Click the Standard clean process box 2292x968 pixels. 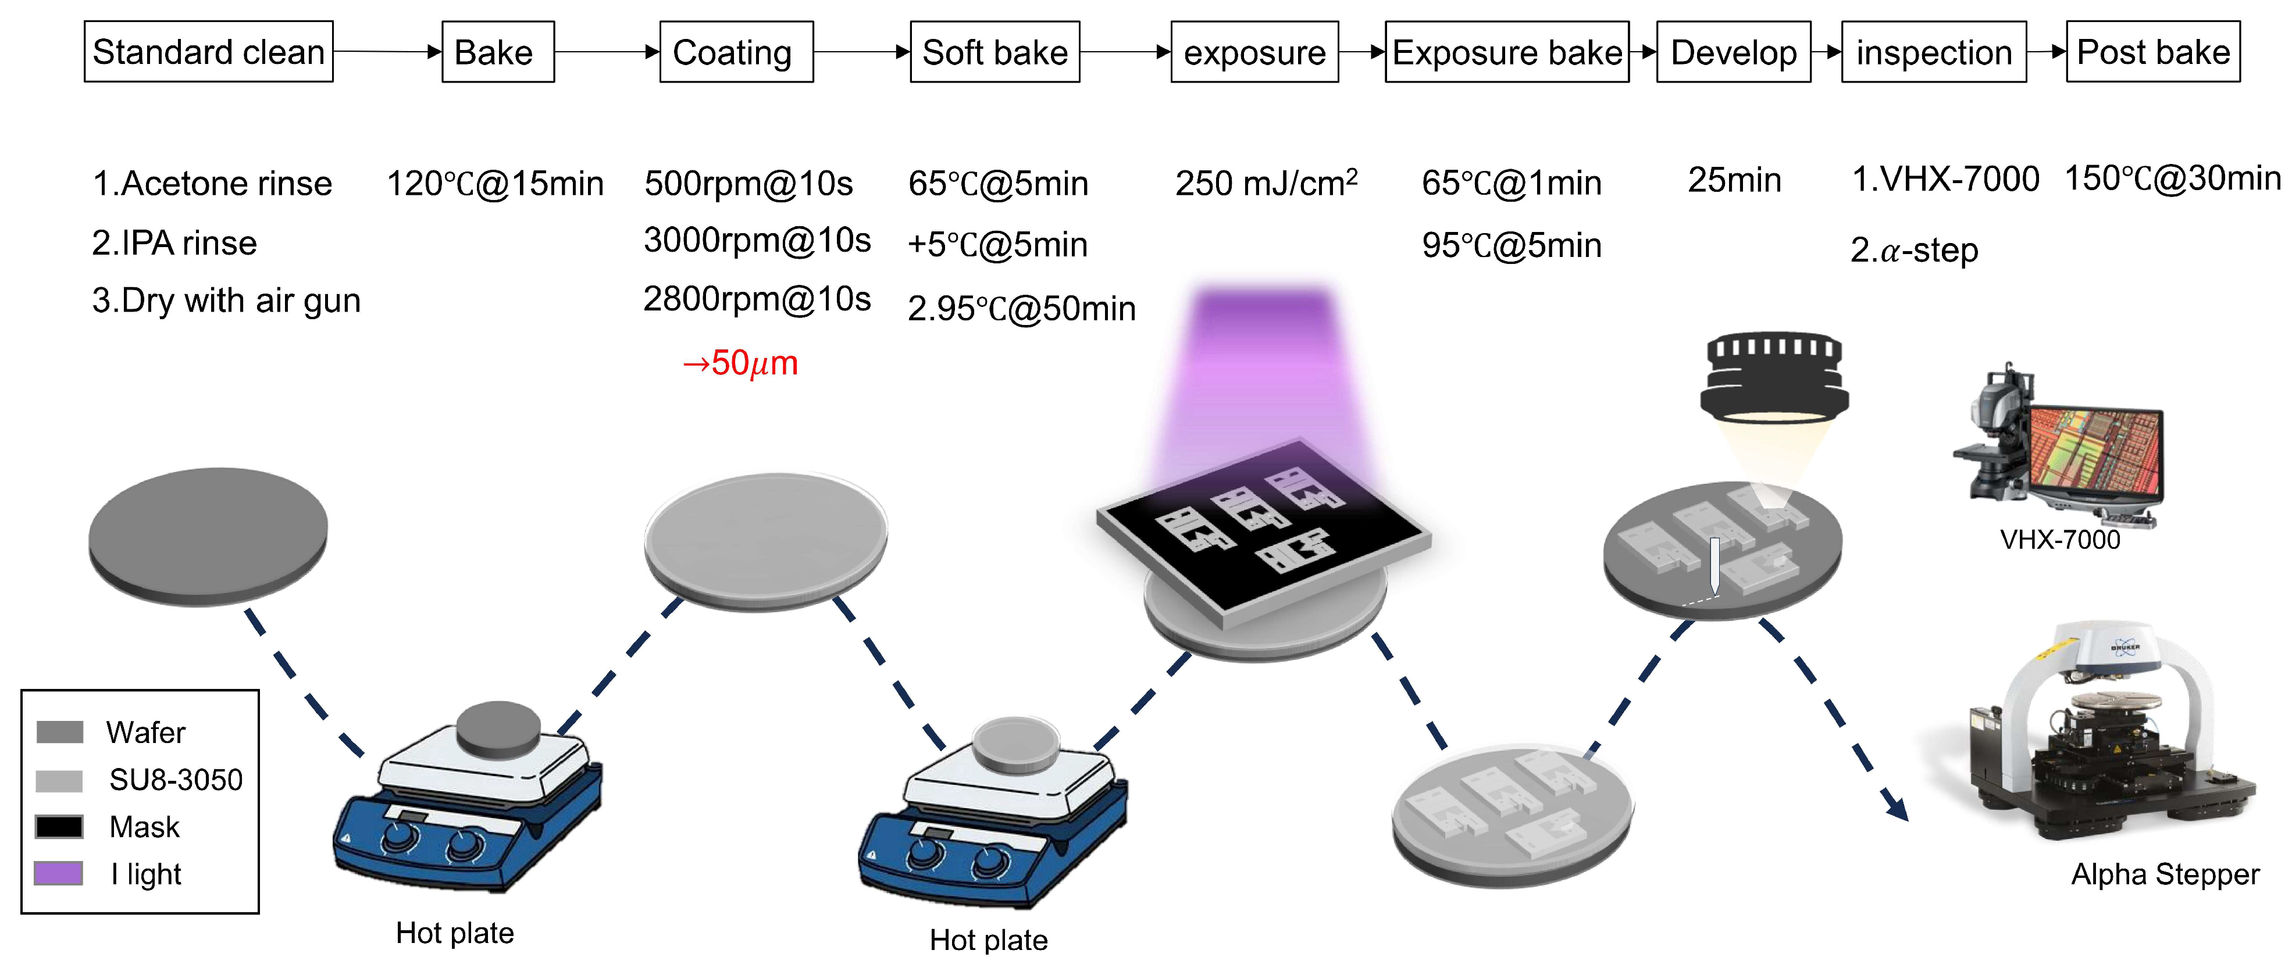(208, 52)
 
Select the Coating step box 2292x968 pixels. (736, 52)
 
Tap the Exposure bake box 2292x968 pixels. (1506, 52)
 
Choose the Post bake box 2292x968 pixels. (2152, 52)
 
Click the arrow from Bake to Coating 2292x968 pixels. (607, 52)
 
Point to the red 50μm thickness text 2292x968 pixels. (740, 363)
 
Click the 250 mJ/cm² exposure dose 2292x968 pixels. (1266, 183)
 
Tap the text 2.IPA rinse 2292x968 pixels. (174, 243)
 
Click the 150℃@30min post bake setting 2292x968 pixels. (2172, 179)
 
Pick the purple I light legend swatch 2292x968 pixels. (59, 873)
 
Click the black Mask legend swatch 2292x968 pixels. (59, 827)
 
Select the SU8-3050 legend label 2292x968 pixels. (175, 780)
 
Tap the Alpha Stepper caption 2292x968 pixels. (2165, 874)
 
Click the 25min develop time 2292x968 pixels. (1734, 181)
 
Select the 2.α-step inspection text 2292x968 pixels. (1914, 250)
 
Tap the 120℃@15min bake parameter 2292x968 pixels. (495, 183)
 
